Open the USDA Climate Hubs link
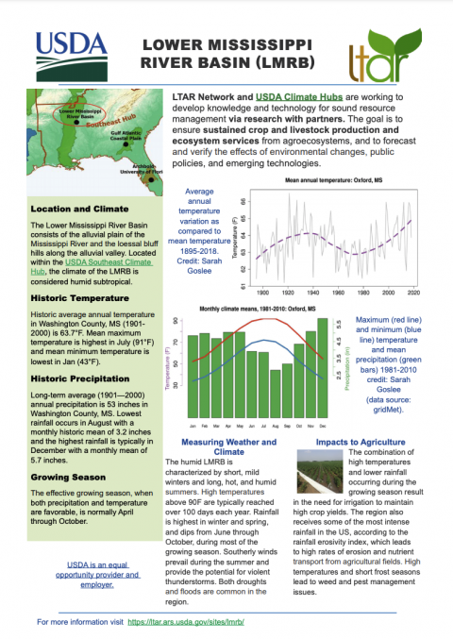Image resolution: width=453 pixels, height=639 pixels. coord(288,97)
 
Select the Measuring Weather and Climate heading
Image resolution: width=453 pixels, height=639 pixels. coord(228,446)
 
